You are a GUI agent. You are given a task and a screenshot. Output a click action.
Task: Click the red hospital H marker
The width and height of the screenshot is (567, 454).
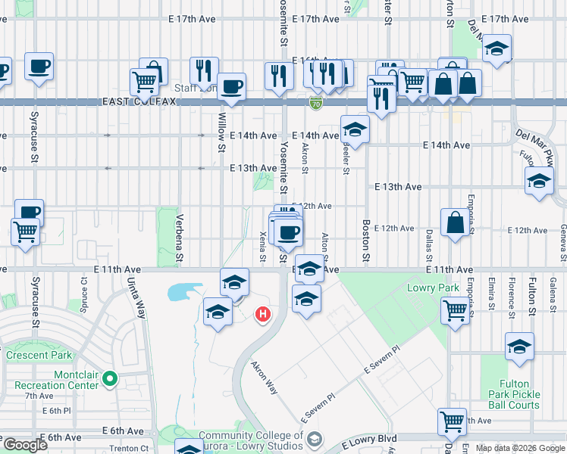click(x=263, y=313)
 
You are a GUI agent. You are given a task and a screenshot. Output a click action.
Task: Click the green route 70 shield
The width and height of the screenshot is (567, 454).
click(x=316, y=102)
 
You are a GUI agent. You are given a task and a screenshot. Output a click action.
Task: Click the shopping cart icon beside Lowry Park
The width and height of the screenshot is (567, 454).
click(x=455, y=310)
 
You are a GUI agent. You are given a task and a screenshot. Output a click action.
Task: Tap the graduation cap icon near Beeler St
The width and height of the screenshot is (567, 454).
click(x=355, y=129)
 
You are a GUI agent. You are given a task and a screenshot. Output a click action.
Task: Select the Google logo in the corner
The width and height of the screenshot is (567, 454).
click(x=24, y=445)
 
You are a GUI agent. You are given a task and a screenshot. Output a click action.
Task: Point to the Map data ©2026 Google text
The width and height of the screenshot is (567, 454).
click(x=520, y=448)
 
